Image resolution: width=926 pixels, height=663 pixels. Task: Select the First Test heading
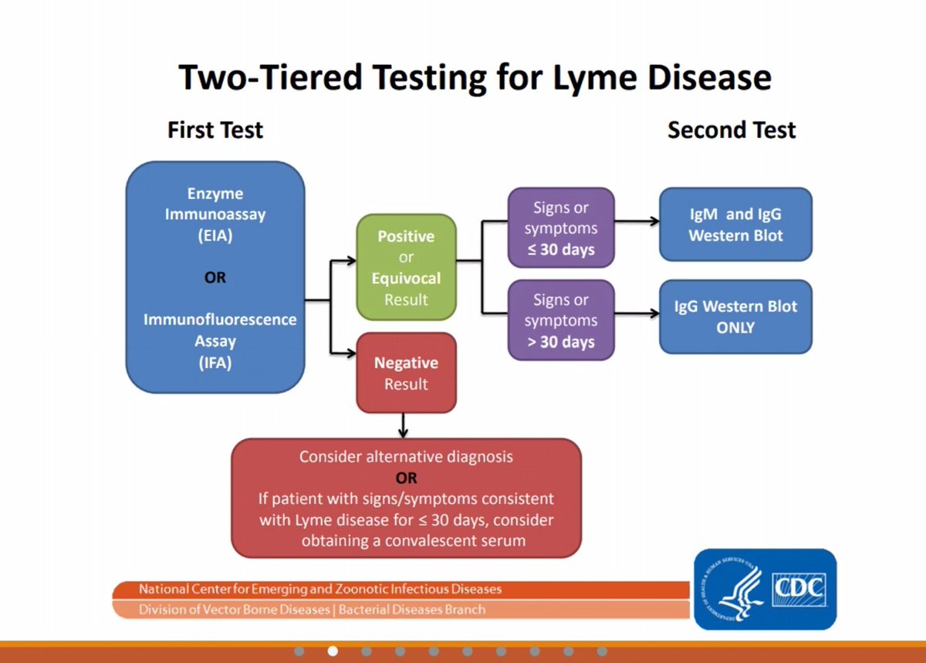215,130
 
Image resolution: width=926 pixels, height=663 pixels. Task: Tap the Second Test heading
732,130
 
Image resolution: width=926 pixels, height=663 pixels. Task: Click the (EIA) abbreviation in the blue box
215,235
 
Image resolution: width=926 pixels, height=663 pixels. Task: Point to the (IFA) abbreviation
215,363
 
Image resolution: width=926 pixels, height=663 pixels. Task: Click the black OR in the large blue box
215,277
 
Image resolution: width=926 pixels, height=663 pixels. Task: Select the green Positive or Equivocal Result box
407,267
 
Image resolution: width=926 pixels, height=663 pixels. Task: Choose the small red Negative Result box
407,373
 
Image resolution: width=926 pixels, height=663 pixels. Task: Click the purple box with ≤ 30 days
561,228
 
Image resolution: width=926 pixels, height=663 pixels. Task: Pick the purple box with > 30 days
561,320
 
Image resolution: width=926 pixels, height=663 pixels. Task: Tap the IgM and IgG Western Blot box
736,224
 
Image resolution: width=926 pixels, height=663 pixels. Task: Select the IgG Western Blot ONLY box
736,316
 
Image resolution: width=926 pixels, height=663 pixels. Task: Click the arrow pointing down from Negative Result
403,425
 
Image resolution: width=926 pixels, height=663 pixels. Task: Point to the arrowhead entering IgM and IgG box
655,222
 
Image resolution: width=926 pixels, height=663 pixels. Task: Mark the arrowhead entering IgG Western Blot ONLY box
655,313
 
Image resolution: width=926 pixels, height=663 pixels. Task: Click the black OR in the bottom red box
407,478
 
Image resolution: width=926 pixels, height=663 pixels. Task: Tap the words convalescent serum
455,540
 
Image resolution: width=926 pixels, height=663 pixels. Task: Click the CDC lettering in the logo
799,588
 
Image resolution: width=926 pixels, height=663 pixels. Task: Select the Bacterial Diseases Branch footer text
412,610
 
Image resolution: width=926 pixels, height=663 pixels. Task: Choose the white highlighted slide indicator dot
333,651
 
